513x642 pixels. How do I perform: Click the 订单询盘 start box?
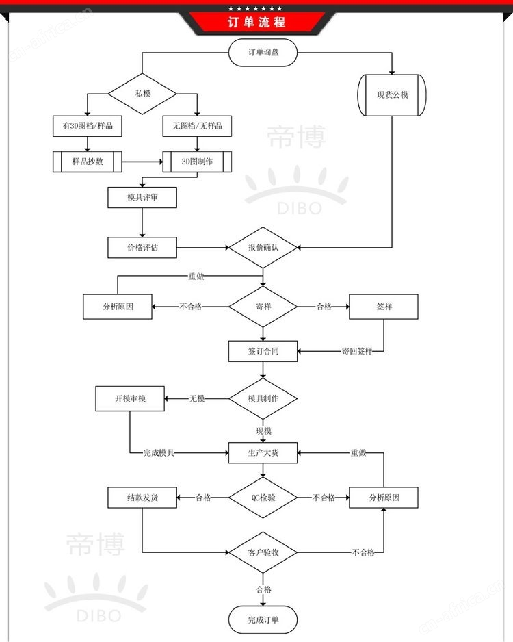[263, 53]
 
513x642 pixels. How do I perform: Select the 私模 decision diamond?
[142, 94]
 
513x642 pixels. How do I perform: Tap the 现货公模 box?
[392, 94]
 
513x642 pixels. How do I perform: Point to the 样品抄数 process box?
[88, 162]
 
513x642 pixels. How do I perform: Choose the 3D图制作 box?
[197, 162]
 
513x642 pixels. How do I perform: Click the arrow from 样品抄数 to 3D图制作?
[142, 162]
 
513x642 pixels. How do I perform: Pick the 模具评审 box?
[142, 197]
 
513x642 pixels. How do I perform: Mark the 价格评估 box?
[142, 247]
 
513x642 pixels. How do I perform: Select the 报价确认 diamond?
[263, 247]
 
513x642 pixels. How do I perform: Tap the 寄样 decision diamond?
[263, 307]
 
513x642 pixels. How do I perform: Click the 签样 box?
[383, 307]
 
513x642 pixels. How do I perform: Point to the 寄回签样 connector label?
[357, 351]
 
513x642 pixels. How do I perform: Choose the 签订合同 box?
[263, 351]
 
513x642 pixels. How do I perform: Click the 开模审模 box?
[130, 398]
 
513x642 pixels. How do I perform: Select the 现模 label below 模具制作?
[263, 431]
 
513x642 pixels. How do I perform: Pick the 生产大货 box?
[263, 452]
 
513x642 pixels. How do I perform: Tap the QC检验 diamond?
[263, 498]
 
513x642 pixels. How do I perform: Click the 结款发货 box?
[142, 498]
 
